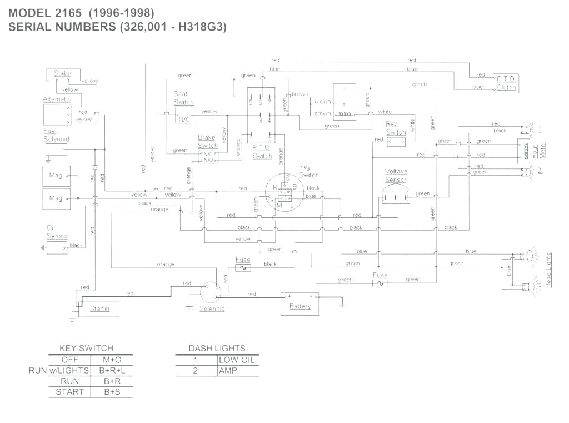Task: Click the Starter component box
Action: coord(99,308)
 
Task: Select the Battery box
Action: coord(300,305)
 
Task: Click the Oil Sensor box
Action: coord(57,247)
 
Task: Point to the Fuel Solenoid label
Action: coord(56,135)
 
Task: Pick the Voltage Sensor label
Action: coord(396,176)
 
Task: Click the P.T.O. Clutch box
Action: coord(506,83)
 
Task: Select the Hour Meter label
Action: coord(543,150)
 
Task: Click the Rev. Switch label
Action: coord(396,128)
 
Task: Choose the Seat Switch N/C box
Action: coord(184,118)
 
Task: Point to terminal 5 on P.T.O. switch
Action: coord(251,103)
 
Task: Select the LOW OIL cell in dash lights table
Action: coord(236,360)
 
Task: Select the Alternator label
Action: coord(57,99)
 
